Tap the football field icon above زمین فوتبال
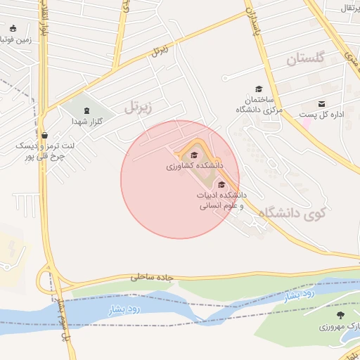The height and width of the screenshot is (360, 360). [13, 28]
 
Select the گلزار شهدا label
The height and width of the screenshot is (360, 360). [87, 122]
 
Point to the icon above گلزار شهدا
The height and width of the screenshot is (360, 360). [86, 110]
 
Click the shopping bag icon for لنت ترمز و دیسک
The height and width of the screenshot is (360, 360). [45, 135]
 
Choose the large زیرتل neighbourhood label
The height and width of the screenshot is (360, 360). [138, 108]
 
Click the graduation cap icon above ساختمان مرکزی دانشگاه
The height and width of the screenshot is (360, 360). [259, 89]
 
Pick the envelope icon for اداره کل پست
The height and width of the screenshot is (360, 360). [322, 103]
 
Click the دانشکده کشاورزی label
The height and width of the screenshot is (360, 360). [195, 167]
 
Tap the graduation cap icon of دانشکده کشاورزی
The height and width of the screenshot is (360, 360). [194, 155]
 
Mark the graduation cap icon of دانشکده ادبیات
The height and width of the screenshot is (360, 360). [221, 185]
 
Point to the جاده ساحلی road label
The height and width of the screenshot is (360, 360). [151, 277]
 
